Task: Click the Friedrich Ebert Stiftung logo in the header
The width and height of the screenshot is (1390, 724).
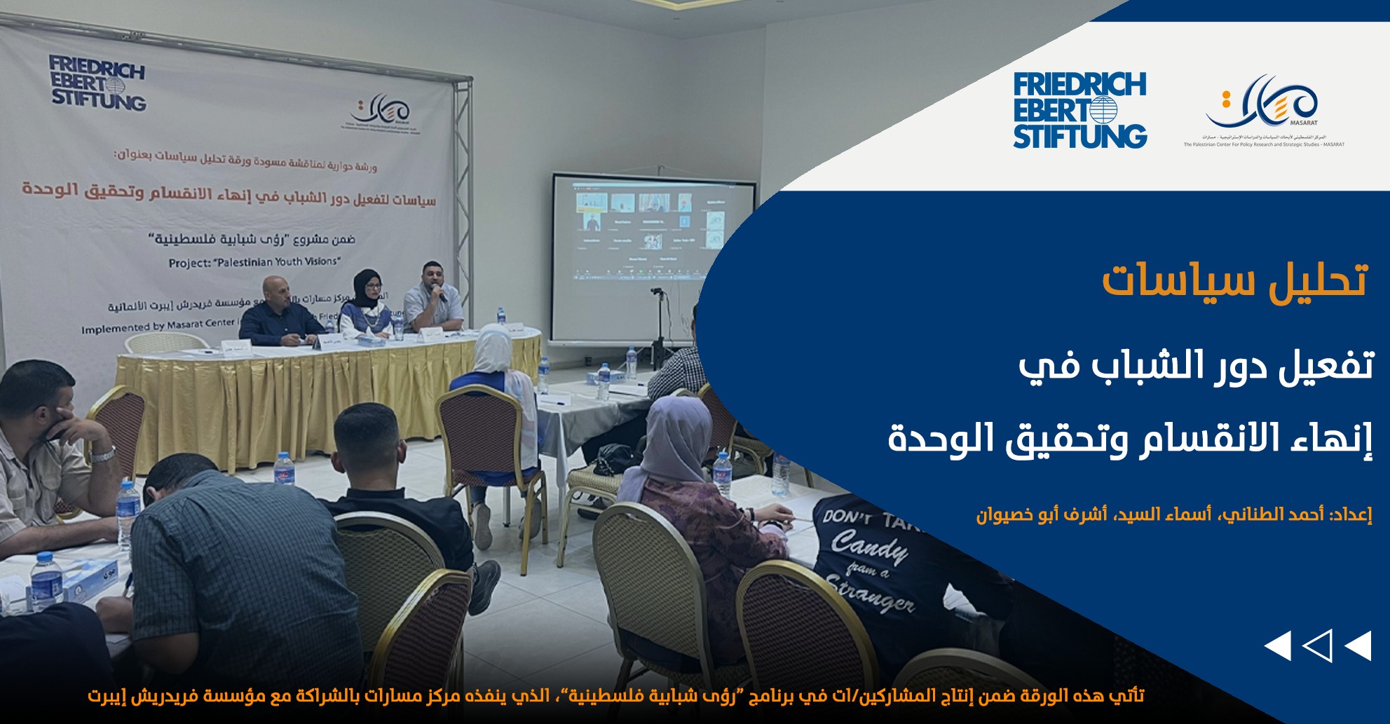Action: [1079, 111]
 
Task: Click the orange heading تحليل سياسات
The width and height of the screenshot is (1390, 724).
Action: [1234, 281]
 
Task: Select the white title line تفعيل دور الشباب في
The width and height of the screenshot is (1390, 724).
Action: [1195, 367]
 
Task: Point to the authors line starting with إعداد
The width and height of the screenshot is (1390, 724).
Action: [1173, 514]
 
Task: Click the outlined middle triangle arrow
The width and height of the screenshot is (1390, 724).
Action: [1317, 646]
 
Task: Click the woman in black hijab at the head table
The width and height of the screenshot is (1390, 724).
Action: [366, 305]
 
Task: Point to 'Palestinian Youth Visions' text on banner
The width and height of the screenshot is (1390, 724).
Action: [254, 262]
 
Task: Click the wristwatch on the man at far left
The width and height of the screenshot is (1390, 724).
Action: [103, 455]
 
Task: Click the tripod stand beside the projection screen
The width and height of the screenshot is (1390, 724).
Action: [659, 329]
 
